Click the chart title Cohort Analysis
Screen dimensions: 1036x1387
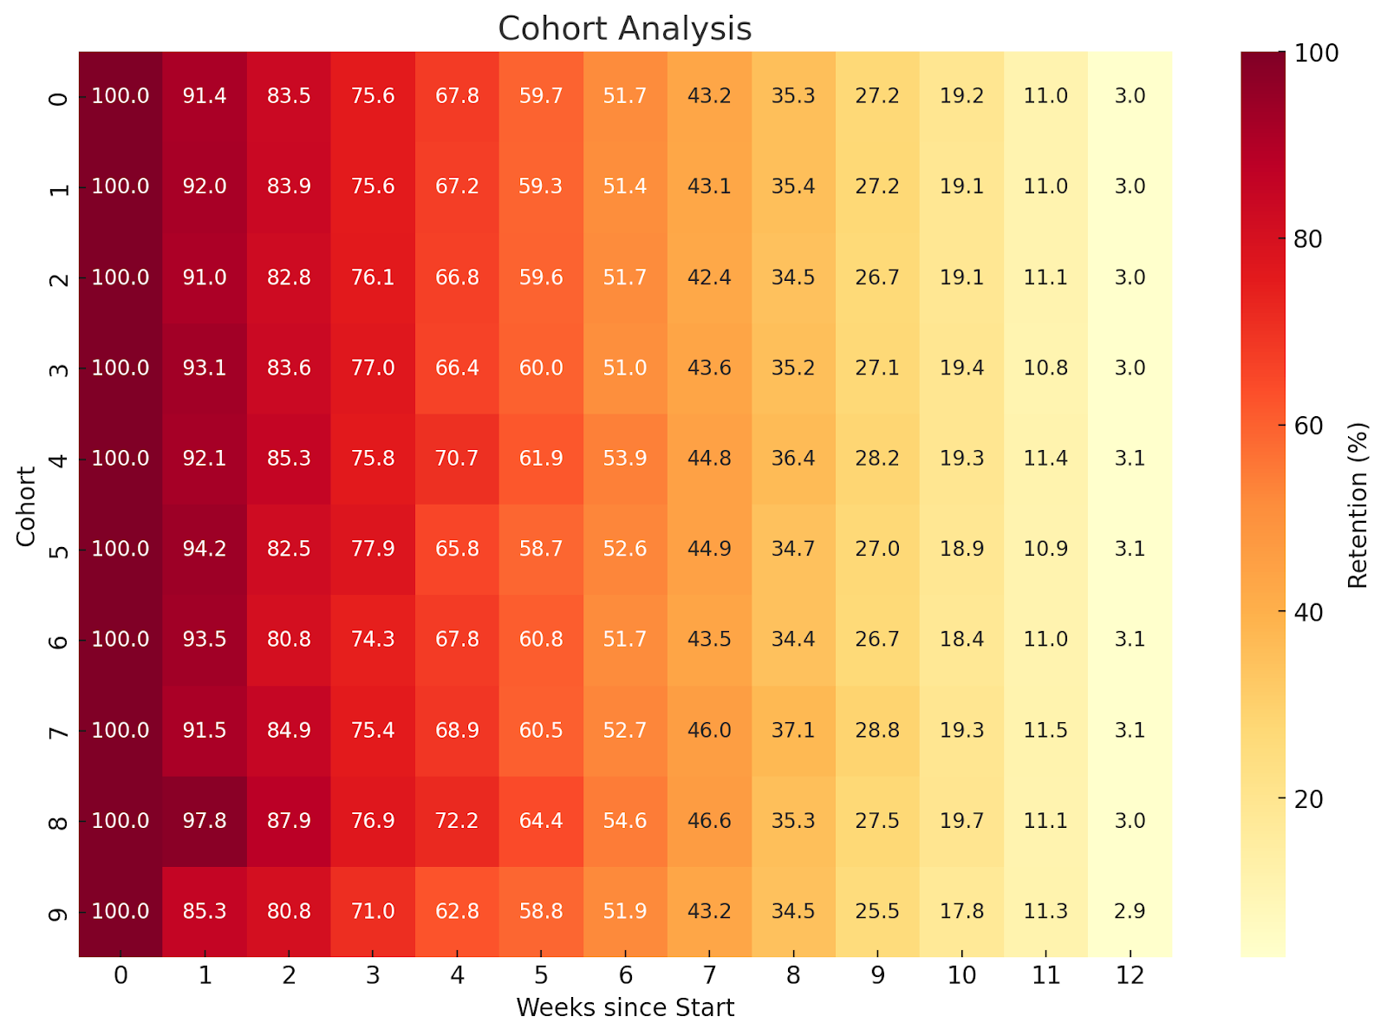624,29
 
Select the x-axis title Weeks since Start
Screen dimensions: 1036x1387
624,1007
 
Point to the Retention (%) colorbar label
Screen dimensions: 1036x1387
1358,505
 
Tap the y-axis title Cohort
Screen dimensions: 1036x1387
27,506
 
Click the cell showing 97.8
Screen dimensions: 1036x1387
205,820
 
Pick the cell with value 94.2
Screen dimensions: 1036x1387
205,549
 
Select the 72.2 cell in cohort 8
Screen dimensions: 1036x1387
457,820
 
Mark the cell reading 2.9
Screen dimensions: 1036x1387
1130,911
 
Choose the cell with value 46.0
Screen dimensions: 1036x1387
709,730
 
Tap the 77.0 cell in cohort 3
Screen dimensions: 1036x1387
373,368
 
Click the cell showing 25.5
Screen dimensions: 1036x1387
877,911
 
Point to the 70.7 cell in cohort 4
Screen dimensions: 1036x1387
457,458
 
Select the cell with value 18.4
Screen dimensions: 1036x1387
961,639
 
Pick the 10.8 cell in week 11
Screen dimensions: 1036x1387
1045,368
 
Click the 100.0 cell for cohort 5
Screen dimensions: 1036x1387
120,549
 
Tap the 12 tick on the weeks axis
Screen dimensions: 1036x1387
1130,976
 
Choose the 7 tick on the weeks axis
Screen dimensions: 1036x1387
709,976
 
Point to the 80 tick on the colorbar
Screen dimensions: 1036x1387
1308,239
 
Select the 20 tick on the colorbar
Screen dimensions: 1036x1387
1308,798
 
